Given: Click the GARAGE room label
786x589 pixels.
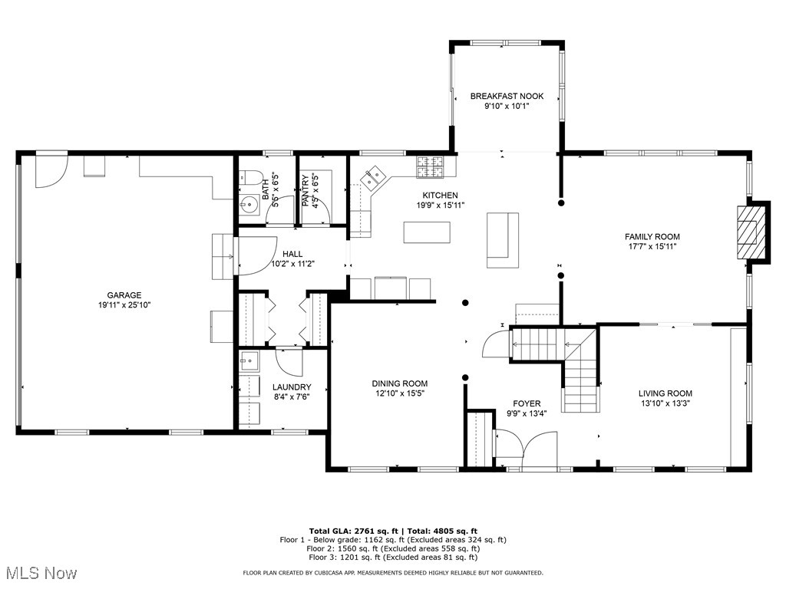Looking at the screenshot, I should [x=124, y=295].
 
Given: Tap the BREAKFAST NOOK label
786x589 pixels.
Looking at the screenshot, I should [x=507, y=96].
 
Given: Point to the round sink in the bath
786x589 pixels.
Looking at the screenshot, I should [x=249, y=205].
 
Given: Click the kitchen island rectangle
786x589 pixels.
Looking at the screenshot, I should [x=428, y=232].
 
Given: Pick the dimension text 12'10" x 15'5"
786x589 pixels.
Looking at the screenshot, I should [x=399, y=393].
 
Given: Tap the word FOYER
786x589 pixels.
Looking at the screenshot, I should [x=527, y=403].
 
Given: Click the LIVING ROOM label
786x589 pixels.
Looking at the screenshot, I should [x=665, y=393].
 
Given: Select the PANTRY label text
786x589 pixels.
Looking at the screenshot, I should [x=305, y=191].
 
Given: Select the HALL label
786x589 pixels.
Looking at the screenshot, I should [x=292, y=254].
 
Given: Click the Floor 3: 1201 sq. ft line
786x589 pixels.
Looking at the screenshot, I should [x=393, y=558].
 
